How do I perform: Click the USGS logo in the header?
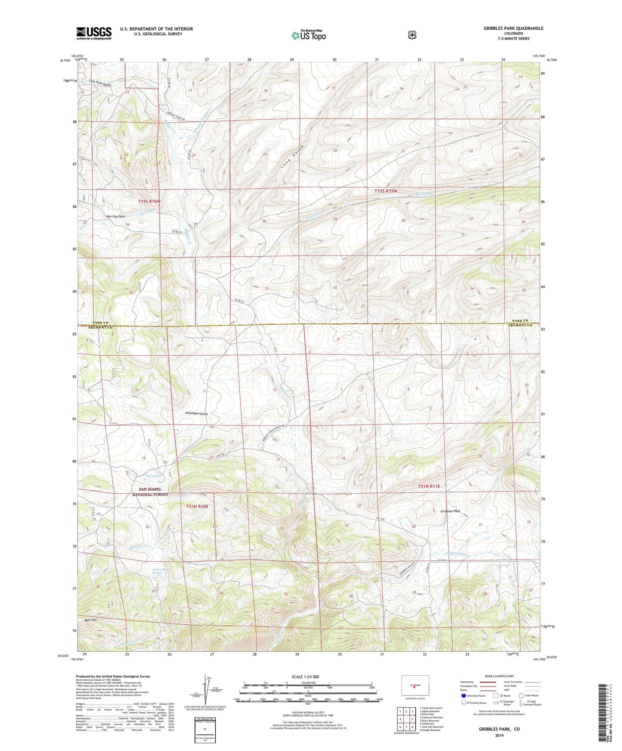pos(94,33)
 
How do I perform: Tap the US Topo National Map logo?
pos(307,35)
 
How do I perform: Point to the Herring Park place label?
pos(116,216)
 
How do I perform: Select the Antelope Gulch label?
pos(196,414)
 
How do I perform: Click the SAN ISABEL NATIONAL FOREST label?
pos(150,492)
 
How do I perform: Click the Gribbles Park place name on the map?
pos(450,511)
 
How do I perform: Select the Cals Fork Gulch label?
pos(100,83)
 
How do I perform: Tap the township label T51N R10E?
pos(197,506)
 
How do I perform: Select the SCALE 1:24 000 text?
pos(305,677)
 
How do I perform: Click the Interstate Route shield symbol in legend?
pos(463,696)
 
